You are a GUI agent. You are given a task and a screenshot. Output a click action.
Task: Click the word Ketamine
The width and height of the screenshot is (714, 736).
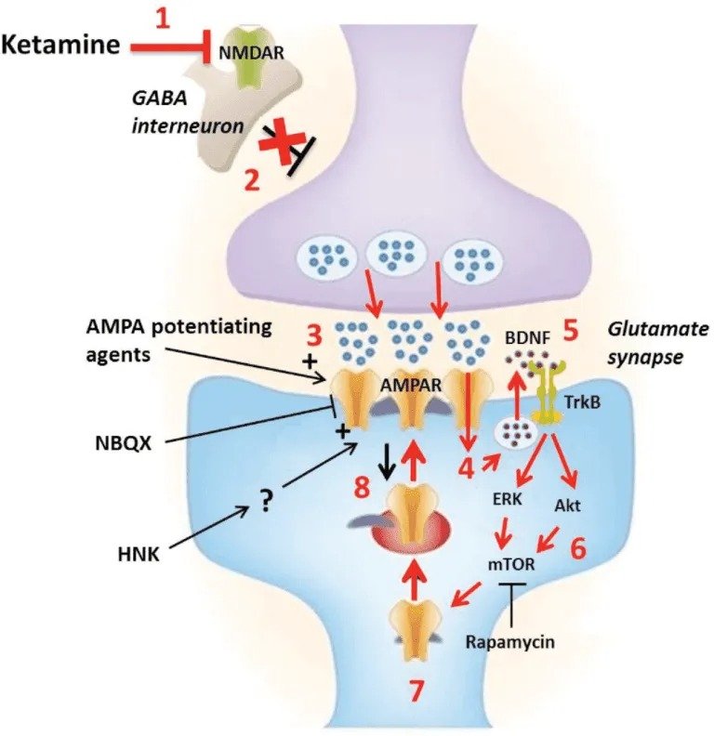coord(61,45)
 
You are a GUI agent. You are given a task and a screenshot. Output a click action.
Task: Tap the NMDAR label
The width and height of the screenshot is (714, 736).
coord(251,53)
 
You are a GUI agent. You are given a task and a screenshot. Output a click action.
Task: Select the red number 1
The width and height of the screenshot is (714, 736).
coord(163,20)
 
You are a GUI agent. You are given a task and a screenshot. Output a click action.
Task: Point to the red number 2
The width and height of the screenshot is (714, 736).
coord(252,181)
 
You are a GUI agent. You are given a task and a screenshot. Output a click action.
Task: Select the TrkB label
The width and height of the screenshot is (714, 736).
coord(582,402)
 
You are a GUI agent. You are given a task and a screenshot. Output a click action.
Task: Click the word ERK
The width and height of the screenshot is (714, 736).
coord(508,498)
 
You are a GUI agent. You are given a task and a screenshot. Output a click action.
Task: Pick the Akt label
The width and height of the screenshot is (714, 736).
coord(567,506)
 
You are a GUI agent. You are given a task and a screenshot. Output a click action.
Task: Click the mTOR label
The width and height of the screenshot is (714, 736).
coord(511,564)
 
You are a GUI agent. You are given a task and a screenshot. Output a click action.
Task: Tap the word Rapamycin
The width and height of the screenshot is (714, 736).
coord(509,642)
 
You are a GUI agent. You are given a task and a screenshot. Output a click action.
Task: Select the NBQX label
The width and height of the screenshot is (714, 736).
coord(124,443)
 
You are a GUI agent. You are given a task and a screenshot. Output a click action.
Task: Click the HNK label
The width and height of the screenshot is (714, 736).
coord(139,555)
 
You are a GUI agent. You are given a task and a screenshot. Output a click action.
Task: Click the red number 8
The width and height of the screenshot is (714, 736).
coord(363,487)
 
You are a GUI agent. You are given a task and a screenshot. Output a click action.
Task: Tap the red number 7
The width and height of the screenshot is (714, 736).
coord(416,690)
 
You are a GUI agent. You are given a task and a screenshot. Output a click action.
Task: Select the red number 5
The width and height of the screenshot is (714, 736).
coord(570,332)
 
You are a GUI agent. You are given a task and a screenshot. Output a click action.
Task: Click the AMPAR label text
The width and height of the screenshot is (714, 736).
coord(411,385)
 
